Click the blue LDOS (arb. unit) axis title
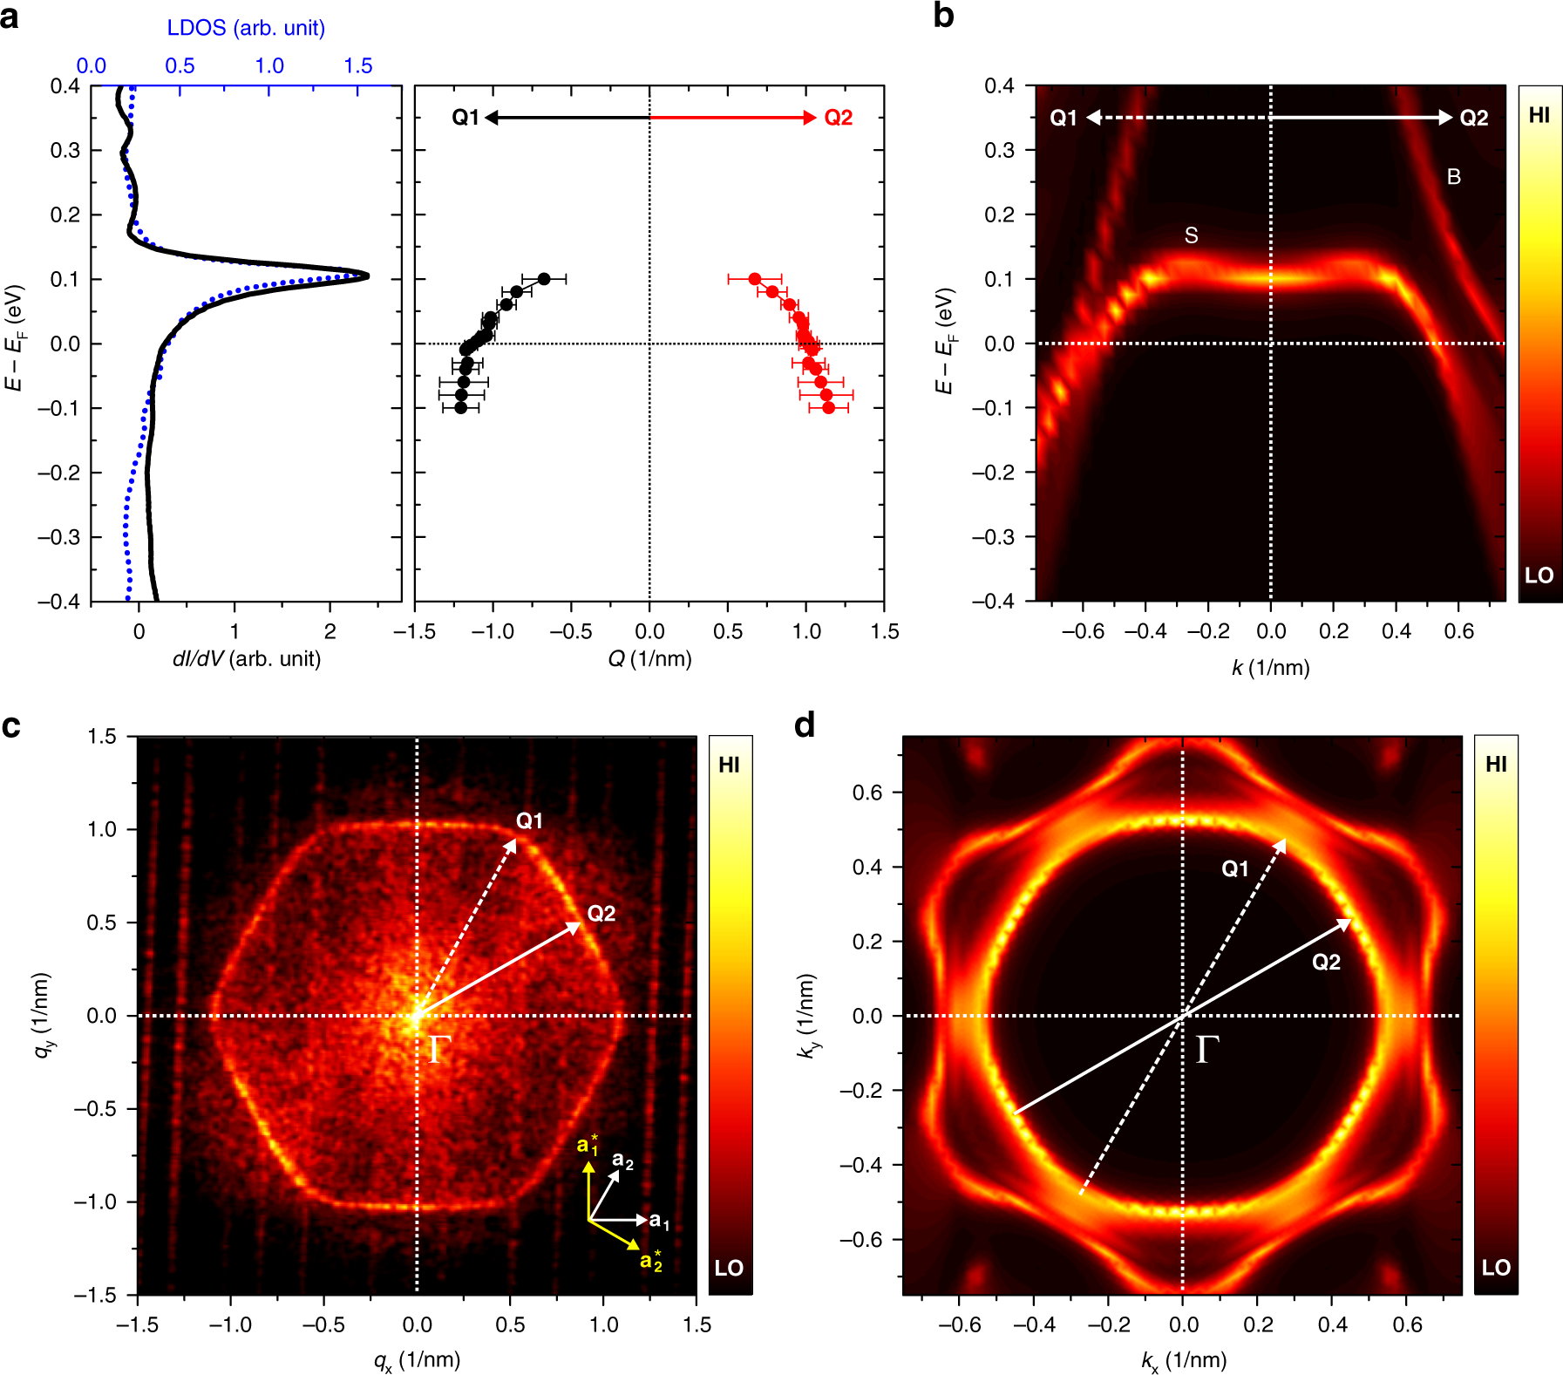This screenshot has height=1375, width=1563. tap(246, 28)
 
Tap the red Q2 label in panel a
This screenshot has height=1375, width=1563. tap(838, 118)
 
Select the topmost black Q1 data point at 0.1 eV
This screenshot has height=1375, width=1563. tap(544, 279)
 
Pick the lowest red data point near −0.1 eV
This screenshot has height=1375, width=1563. tap(828, 408)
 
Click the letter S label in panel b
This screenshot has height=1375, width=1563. tap(1191, 235)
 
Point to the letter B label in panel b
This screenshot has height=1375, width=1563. tap(1453, 177)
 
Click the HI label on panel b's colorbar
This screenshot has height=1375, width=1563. tap(1539, 115)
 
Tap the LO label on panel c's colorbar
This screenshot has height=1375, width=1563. tap(729, 1268)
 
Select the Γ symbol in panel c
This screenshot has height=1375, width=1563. tap(439, 1051)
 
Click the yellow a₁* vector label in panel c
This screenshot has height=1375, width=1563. tap(588, 1145)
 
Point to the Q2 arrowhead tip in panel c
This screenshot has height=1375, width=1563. tap(580, 923)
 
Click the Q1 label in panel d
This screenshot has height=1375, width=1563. tap(1234, 868)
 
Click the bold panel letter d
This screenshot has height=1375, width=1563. tap(805, 725)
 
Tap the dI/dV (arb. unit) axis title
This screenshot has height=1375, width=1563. tap(247, 658)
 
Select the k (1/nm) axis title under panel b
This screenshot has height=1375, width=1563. tap(1270, 668)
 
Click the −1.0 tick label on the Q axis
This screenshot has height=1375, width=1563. tap(493, 632)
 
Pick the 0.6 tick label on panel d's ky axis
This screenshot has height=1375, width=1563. tap(866, 793)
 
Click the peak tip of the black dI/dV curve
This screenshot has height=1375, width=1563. tap(367, 276)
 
